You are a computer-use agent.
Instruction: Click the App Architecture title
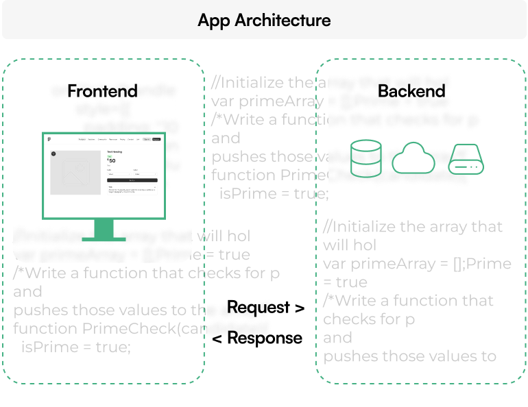tap(264, 20)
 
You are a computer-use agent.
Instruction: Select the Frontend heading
tap(102, 90)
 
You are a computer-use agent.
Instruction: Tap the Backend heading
tap(411, 90)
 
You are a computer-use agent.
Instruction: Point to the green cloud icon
tap(413, 159)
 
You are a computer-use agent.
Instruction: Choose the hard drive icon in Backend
tap(466, 158)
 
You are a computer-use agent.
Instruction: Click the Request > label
tap(265, 308)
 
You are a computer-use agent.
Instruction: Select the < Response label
tap(257, 338)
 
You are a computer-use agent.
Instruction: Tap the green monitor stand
tap(104, 230)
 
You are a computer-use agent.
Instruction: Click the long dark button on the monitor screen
tap(132, 180)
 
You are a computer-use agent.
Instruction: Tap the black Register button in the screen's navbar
tap(156, 139)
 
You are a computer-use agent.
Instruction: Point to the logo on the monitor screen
tap(50, 139)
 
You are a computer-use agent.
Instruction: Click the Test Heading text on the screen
tap(115, 151)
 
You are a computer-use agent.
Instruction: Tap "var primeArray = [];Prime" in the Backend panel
tap(417, 264)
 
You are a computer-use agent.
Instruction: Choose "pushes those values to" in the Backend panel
tap(409, 356)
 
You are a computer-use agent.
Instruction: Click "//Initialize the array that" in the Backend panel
tap(413, 227)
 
